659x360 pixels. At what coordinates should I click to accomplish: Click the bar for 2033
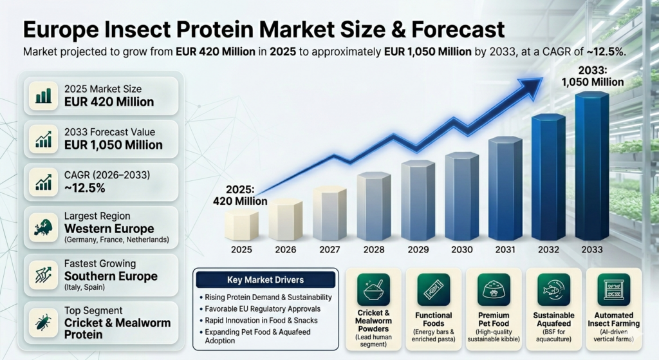coord(591,167)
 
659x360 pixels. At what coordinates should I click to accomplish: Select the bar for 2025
coord(241,225)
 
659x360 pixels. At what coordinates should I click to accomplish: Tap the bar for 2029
coord(418,200)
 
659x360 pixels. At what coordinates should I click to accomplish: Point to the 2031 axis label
coord(505,250)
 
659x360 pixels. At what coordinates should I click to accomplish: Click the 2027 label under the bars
coord(329,250)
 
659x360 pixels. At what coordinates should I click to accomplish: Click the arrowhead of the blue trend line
coord(532,86)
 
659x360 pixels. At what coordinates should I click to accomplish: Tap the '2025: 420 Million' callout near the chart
coord(240,195)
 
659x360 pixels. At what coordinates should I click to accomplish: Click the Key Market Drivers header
coord(266,280)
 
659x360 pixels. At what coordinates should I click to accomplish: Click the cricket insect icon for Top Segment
coord(44,323)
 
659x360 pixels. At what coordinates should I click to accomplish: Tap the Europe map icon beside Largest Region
coord(44,228)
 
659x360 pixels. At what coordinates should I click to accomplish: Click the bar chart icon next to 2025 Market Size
coord(44,95)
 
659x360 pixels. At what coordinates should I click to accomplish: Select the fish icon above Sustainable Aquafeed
coord(553,290)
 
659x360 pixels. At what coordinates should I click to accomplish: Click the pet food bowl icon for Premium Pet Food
coord(493,290)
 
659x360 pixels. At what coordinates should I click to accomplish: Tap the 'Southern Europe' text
coord(111,276)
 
